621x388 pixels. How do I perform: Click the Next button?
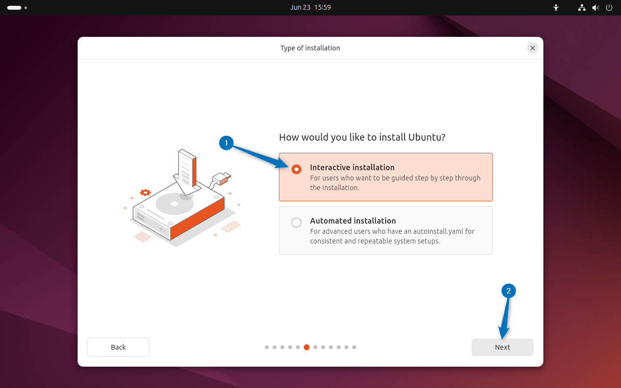pos(502,347)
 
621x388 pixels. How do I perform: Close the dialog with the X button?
pos(533,48)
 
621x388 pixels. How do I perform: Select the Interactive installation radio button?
pos(296,169)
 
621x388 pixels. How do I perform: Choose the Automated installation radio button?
pos(296,223)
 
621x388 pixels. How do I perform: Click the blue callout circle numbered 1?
pos(226,143)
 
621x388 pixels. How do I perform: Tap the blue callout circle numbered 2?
pos(508,291)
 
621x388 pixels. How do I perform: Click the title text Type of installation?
pos(310,48)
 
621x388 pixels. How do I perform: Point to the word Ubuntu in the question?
pos(424,137)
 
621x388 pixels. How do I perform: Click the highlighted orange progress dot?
pos(307,347)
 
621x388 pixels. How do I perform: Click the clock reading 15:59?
pos(323,7)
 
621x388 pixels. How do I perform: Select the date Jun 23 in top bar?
pos(300,7)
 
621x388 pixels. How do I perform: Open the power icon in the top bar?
pos(609,8)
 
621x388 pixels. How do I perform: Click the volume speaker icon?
pos(595,8)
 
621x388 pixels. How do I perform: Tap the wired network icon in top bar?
pos(582,8)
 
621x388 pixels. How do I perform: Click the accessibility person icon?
pos(556,8)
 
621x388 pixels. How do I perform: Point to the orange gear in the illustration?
pos(145,193)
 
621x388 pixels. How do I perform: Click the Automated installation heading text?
pos(353,221)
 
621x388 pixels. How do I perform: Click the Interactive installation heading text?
pos(352,167)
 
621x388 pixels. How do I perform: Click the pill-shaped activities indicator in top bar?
pos(14,8)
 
